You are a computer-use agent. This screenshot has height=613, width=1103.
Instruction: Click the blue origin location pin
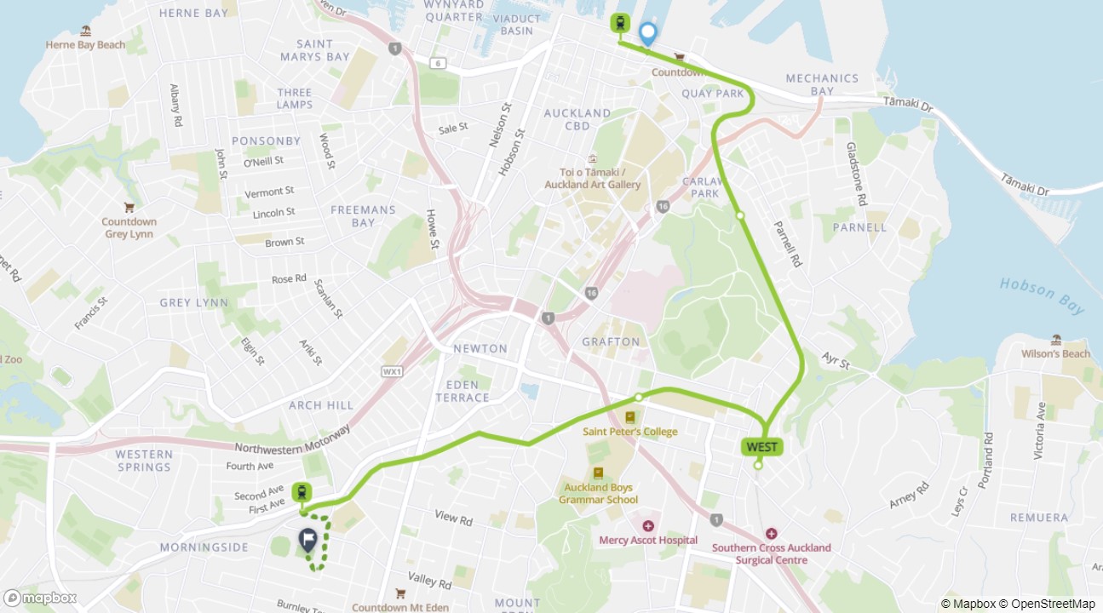click(x=648, y=33)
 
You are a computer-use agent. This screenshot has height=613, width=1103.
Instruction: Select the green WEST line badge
click(x=761, y=447)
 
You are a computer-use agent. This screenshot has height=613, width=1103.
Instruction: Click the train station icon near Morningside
click(x=301, y=492)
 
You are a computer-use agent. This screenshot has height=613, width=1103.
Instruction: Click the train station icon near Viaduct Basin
click(x=620, y=23)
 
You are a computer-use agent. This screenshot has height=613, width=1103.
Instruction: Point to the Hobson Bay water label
click(x=1042, y=296)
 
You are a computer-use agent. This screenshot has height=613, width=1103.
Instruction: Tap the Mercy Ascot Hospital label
click(x=648, y=540)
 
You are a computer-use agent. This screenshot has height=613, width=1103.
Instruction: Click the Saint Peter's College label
click(x=630, y=431)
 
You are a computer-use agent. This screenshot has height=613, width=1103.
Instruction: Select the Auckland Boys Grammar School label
click(x=598, y=494)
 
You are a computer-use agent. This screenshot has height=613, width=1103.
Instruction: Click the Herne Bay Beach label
click(x=85, y=44)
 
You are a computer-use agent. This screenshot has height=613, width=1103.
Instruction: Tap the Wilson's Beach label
click(x=1056, y=353)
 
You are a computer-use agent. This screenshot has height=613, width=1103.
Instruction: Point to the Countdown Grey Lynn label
click(x=129, y=227)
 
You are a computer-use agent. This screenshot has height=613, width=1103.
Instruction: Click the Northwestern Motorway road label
click(x=292, y=440)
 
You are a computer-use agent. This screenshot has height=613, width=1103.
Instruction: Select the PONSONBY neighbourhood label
click(x=265, y=140)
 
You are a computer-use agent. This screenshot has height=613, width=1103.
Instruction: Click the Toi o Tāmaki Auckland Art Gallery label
click(x=593, y=179)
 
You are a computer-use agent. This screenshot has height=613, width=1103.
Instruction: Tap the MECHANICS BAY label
click(x=822, y=84)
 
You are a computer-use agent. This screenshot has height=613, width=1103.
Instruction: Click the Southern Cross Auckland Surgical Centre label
click(x=771, y=553)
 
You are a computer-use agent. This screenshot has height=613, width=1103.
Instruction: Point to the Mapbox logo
click(x=40, y=598)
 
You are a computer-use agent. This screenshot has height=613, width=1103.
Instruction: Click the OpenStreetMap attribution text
click(x=1048, y=604)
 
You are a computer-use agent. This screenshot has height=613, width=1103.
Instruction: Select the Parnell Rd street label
click(x=789, y=244)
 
